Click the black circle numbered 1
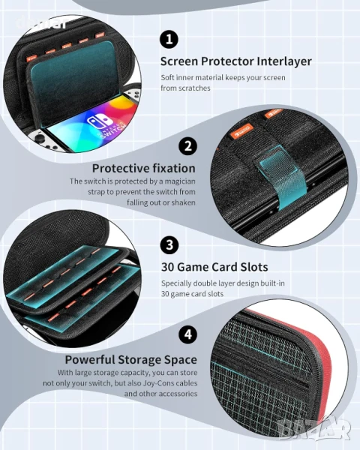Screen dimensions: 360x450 coord(169,39)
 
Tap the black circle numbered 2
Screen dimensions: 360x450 coord(187,145)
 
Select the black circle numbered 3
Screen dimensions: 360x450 coord(169,244)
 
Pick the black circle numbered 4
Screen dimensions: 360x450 coord(187,334)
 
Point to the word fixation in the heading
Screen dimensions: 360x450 coord(174,168)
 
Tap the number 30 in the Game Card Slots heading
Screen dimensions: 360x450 coord(168,267)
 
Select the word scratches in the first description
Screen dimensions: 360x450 coord(194,88)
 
